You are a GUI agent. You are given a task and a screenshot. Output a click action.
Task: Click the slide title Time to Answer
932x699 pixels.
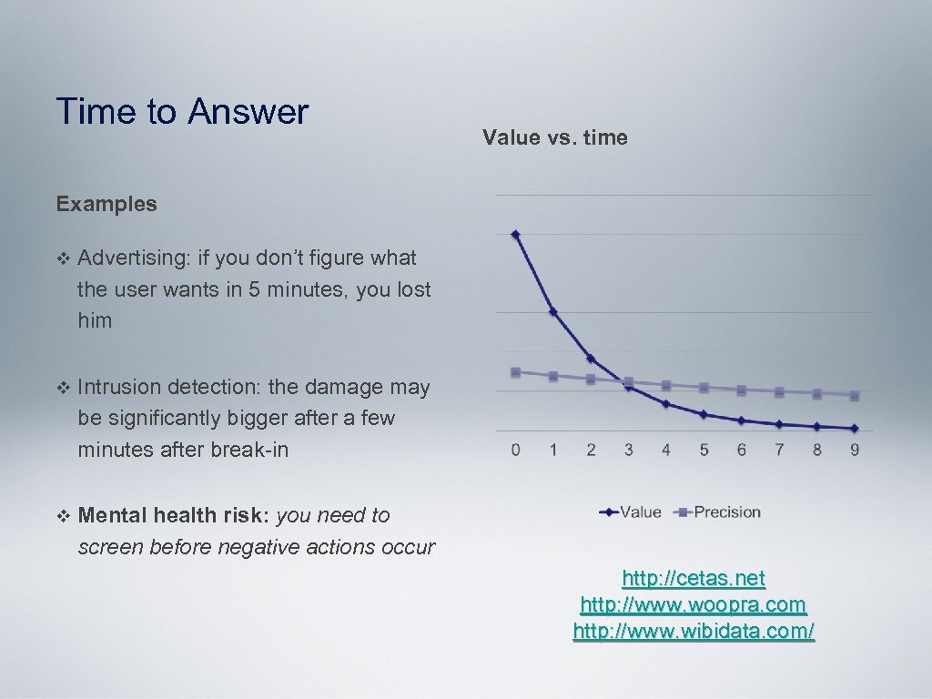pos(182,112)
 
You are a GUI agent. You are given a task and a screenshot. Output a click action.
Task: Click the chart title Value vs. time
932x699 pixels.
pos(554,137)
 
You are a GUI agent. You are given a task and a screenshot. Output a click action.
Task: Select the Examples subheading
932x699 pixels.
pos(106,204)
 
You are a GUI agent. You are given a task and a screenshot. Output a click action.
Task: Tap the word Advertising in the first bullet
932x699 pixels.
pos(131,258)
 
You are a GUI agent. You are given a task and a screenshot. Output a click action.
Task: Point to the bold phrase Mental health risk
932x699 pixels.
pos(174,516)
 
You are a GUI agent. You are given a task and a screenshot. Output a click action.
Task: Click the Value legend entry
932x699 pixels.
pos(631,512)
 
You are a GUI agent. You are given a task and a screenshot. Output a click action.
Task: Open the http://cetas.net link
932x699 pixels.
pos(694,578)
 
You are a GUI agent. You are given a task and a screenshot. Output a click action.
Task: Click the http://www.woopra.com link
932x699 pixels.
pos(694,604)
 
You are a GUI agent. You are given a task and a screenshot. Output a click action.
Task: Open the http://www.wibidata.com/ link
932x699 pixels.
pos(694,631)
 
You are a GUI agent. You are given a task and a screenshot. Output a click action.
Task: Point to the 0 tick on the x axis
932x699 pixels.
pos(516,450)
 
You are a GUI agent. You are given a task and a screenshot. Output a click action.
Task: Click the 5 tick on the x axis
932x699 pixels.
pos(704,450)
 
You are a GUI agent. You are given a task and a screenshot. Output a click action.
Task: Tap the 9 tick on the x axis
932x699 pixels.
pos(854,450)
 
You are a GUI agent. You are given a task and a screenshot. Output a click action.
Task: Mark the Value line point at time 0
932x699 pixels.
pos(516,234)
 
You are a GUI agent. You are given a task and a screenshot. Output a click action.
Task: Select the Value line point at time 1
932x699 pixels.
pos(553,312)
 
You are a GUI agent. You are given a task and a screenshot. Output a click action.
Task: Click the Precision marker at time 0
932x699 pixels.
pos(516,371)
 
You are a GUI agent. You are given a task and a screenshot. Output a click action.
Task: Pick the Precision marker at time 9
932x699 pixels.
pos(854,395)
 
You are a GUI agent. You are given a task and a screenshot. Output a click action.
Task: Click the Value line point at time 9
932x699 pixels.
pos(854,428)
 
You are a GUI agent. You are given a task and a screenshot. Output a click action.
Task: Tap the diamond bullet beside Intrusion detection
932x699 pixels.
pos(62,388)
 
